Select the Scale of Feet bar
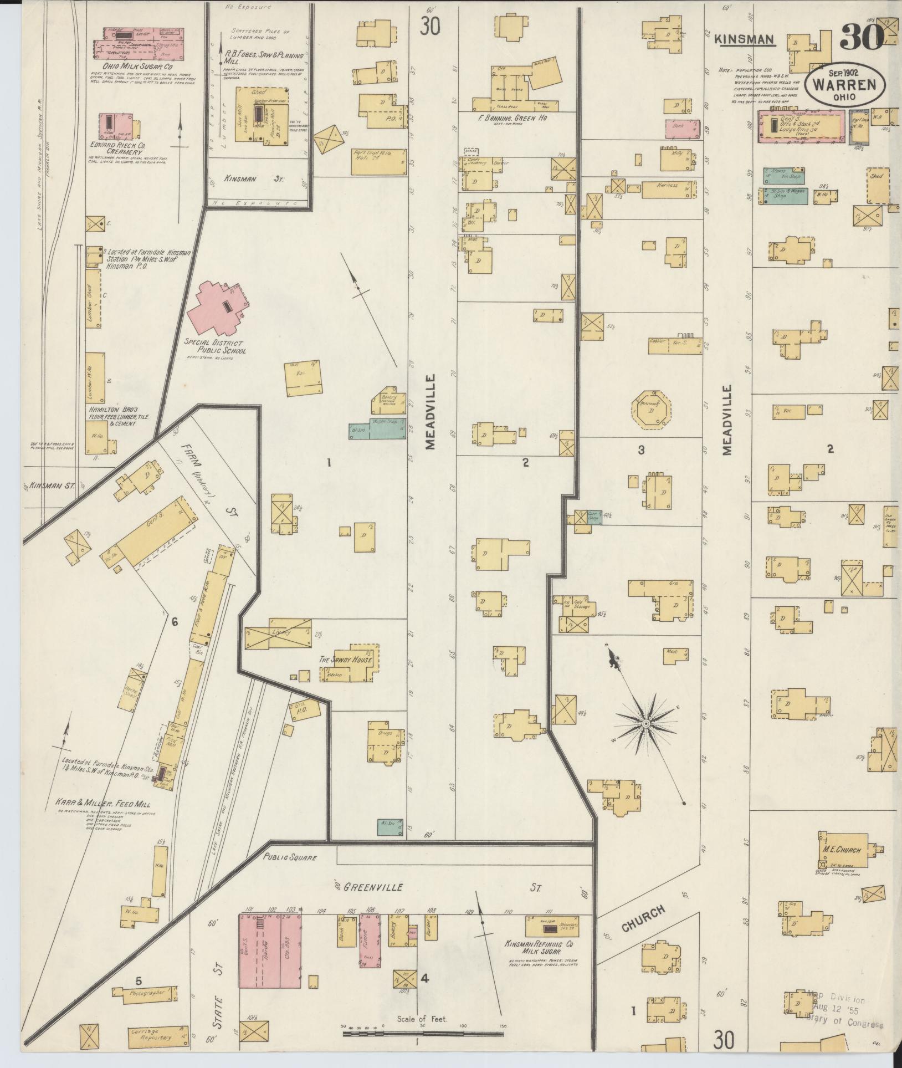[x=422, y=1034]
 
